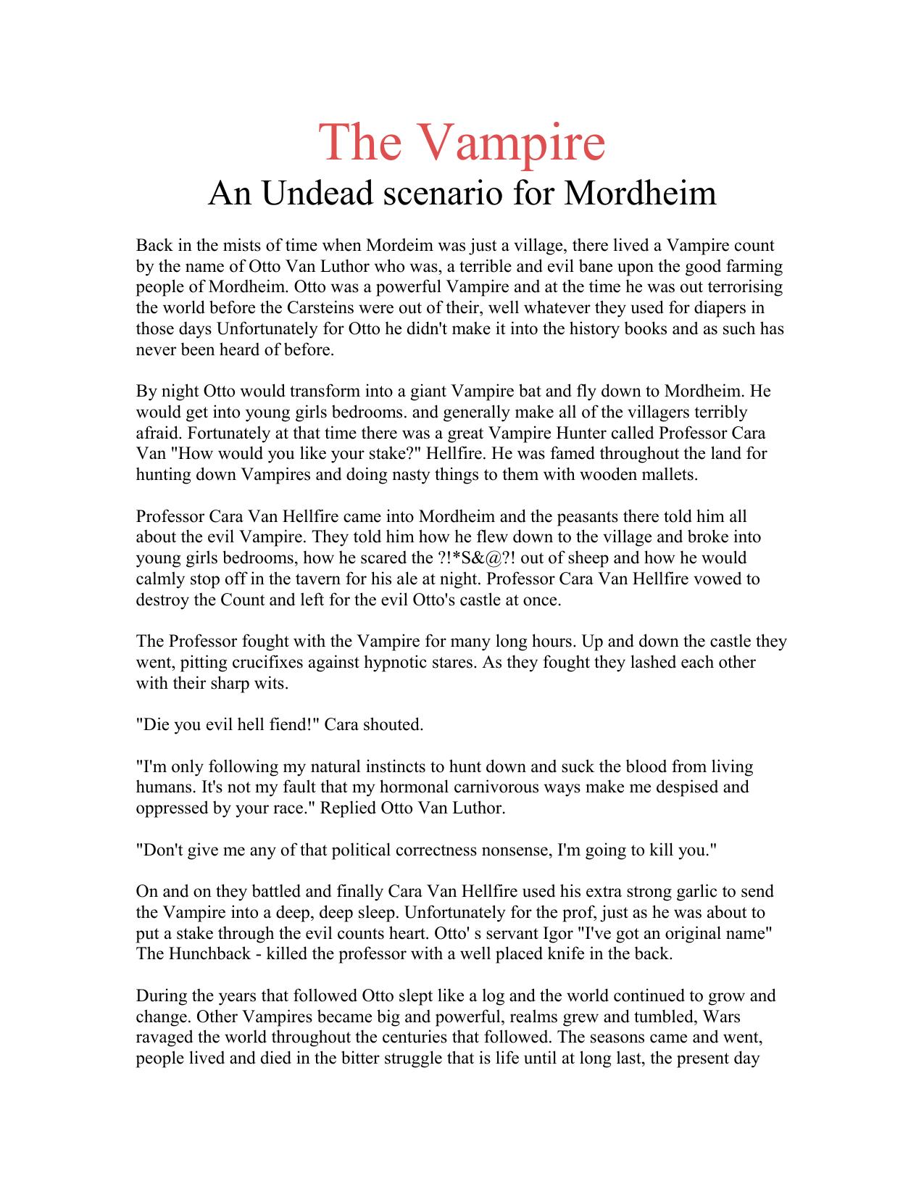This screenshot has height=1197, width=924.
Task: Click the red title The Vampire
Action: pos(462,143)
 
